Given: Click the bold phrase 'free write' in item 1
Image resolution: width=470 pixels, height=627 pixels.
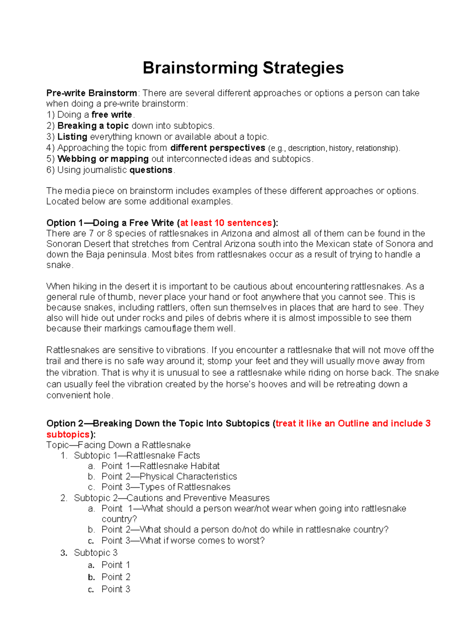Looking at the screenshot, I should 112,115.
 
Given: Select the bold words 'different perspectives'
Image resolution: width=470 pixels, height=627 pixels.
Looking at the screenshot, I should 218,148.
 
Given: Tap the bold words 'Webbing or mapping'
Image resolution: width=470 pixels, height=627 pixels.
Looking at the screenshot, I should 103,159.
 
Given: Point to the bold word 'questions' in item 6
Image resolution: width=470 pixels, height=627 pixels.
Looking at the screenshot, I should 151,170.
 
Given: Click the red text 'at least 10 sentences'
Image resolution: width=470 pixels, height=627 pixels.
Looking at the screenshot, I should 226,223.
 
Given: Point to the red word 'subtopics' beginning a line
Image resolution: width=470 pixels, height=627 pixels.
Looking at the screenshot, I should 68,435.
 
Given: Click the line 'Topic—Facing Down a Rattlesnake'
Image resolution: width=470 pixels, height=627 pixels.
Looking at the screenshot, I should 118,445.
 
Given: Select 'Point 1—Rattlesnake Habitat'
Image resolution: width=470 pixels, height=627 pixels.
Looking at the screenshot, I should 160,466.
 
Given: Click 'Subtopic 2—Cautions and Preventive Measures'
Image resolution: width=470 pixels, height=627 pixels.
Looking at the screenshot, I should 172,498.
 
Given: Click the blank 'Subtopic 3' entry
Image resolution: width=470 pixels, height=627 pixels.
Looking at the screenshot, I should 96,553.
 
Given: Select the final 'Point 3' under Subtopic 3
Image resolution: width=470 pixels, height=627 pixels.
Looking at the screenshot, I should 116,589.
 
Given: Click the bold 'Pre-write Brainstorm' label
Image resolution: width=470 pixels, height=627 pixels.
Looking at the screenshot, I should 92,93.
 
